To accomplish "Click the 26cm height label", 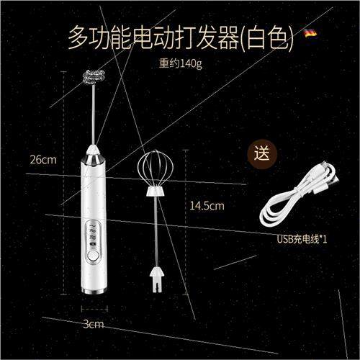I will [43, 159].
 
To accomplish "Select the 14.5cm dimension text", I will [207, 205].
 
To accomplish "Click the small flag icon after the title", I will [310, 34].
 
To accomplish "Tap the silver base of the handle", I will [94, 289].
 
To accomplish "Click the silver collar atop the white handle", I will [94, 154].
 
